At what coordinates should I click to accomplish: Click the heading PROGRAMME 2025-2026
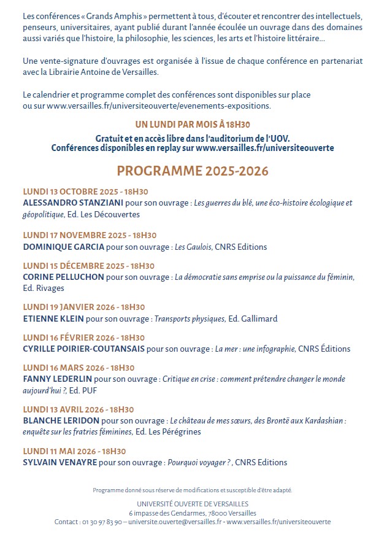click(193, 171)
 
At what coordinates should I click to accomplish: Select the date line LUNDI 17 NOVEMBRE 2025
click(90, 235)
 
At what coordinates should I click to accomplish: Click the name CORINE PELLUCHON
click(63, 277)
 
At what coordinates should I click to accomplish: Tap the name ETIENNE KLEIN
click(53, 319)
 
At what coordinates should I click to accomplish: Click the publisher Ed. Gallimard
click(253, 319)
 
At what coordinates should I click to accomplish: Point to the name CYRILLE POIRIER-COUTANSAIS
click(83, 349)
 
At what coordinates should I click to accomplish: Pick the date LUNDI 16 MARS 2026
click(79, 368)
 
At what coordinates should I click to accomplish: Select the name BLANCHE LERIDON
click(61, 421)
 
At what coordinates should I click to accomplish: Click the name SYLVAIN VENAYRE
click(60, 462)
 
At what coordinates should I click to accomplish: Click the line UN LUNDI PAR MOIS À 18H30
click(193, 124)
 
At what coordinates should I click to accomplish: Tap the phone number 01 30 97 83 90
click(101, 522)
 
